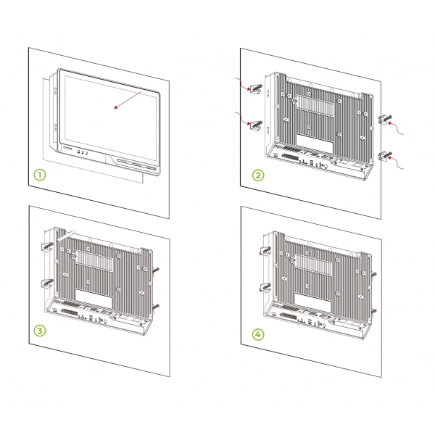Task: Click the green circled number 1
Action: (40, 175)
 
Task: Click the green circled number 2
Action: (258, 175)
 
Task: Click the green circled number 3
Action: (40, 331)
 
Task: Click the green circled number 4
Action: (258, 334)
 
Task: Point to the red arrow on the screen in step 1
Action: (128, 99)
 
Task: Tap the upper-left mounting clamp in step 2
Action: (256, 88)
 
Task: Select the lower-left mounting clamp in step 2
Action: (256, 125)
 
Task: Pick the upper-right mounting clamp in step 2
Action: (385, 120)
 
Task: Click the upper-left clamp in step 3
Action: (47, 246)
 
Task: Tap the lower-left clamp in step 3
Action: (47, 283)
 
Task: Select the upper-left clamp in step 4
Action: (265, 251)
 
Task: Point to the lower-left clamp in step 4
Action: (265, 287)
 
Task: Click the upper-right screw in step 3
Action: (156, 270)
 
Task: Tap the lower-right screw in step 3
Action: (156, 307)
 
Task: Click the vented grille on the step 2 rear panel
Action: (315, 105)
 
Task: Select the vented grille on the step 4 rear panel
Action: (312, 265)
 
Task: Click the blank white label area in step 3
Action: (94, 299)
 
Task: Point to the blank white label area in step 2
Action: (315, 144)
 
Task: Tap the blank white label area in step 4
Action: (313, 303)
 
